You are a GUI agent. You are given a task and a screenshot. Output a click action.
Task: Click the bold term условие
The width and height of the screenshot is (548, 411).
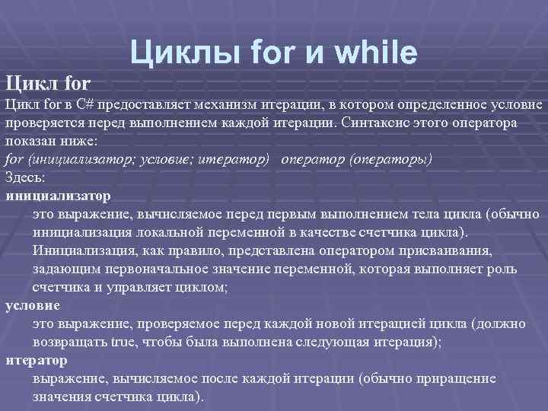click(33, 305)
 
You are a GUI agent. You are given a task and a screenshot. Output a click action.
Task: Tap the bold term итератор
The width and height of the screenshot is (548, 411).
click(36, 360)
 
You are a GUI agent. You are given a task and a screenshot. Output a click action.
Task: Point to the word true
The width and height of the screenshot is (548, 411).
click(123, 342)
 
